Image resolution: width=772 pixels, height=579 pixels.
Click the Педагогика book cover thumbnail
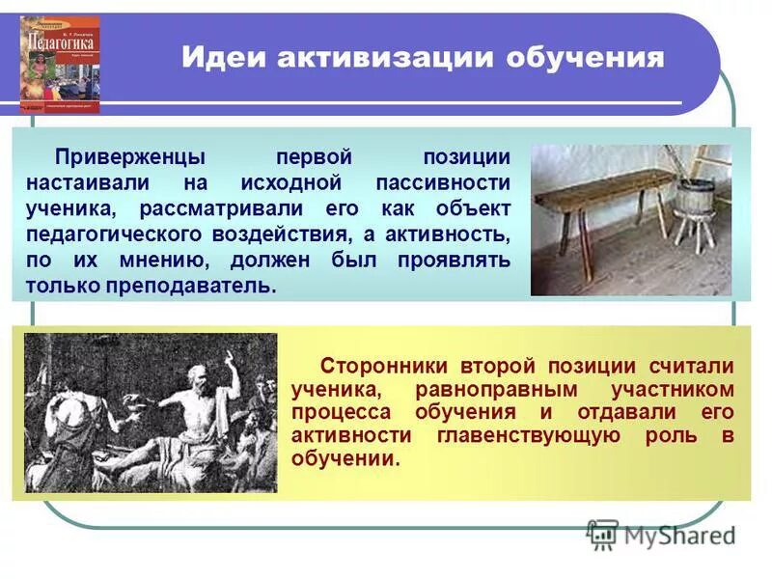(60, 65)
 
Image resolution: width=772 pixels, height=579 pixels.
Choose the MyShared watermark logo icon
(602, 534)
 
